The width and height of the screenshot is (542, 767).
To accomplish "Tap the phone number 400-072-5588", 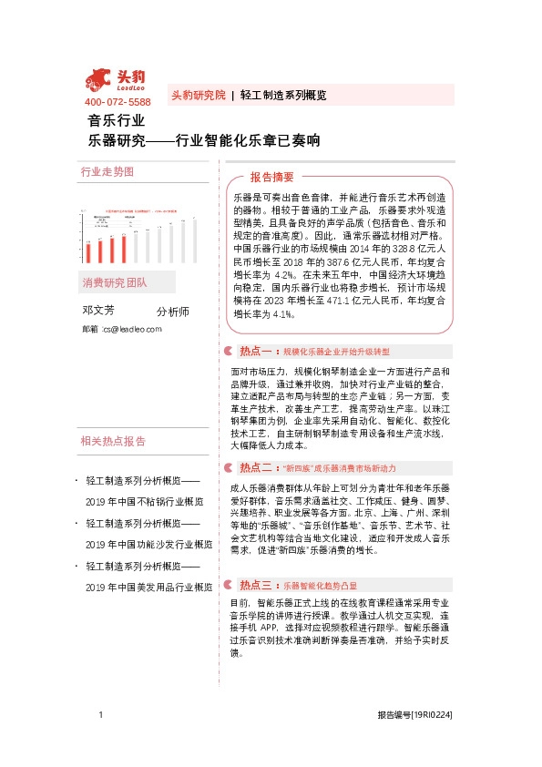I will pyautogui.click(x=118, y=102).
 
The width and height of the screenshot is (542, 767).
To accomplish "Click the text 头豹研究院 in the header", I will pyautogui.click(x=198, y=95).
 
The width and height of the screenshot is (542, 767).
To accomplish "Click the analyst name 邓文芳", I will pyautogui.click(x=98, y=310).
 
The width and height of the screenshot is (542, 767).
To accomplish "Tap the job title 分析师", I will pyautogui.click(x=173, y=312).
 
